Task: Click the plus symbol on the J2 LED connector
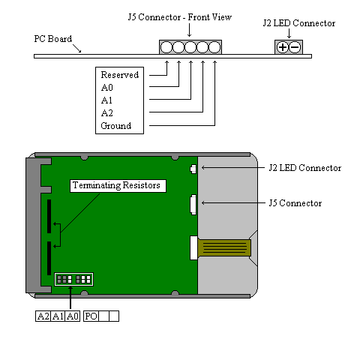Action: click(283, 47)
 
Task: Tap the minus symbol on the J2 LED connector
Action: click(295, 47)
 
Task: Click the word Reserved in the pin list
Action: click(120, 75)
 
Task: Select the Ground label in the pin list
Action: click(116, 125)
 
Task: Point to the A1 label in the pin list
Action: click(106, 100)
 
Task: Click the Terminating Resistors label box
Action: click(118, 186)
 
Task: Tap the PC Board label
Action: click(53, 39)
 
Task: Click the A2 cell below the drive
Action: click(43, 316)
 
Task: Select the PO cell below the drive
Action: click(91, 316)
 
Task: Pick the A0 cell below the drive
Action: click(73, 316)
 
